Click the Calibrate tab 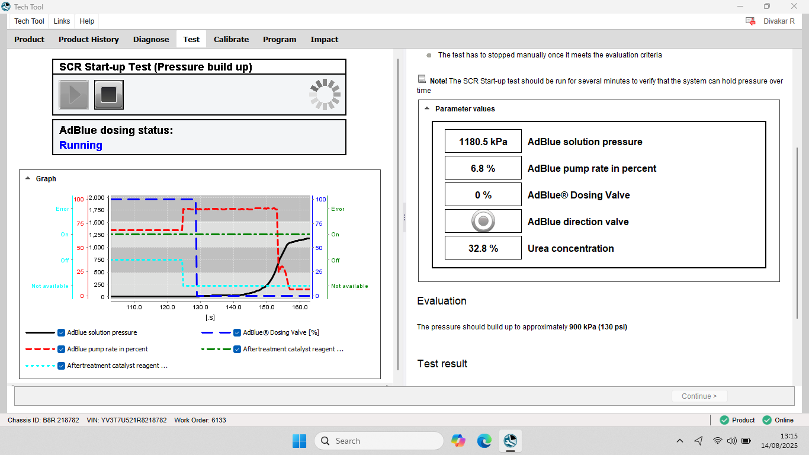click(x=231, y=39)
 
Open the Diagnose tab click(x=151, y=39)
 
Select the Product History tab click(x=88, y=39)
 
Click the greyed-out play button click(x=73, y=95)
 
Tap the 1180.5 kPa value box click(x=483, y=142)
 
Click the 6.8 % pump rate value click(x=483, y=168)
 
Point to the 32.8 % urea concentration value click(x=483, y=248)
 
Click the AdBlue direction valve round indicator click(x=483, y=221)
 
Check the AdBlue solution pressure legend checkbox click(x=62, y=332)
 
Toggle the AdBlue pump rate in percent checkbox click(x=62, y=349)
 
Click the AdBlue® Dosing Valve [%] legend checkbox click(x=237, y=332)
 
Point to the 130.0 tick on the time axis click(x=200, y=307)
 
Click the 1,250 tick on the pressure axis click(x=97, y=235)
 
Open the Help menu click(x=86, y=21)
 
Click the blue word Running click(x=81, y=145)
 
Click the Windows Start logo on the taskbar click(x=300, y=441)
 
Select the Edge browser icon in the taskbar click(x=484, y=441)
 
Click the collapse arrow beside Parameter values click(x=427, y=108)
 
